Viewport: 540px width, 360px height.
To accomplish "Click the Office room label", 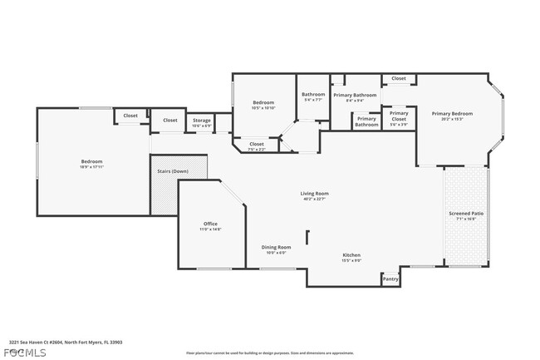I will click(x=211, y=224).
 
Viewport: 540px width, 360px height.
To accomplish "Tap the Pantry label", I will click(x=390, y=279).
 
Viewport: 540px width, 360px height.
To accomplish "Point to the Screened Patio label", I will click(x=466, y=214).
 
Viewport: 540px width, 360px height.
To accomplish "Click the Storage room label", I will click(x=202, y=121).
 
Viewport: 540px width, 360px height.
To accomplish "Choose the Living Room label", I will click(x=315, y=194).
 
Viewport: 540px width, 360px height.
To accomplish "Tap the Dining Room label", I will click(x=277, y=247).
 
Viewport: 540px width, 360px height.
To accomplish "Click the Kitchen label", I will click(x=351, y=255).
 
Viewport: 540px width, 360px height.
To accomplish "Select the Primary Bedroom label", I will click(x=452, y=113).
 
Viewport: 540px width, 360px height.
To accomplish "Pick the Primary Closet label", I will click(x=399, y=113).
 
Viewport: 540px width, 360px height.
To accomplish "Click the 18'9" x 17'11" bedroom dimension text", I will click(x=91, y=167).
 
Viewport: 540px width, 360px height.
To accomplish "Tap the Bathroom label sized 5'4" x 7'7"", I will click(x=313, y=95).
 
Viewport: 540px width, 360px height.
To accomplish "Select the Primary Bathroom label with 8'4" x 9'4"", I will click(x=355, y=95).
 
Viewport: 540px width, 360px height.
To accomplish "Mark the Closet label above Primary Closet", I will click(x=399, y=78).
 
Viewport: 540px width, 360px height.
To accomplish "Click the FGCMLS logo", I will click(x=15, y=353).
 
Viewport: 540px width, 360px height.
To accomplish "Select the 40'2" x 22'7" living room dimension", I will click(x=315, y=199).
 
